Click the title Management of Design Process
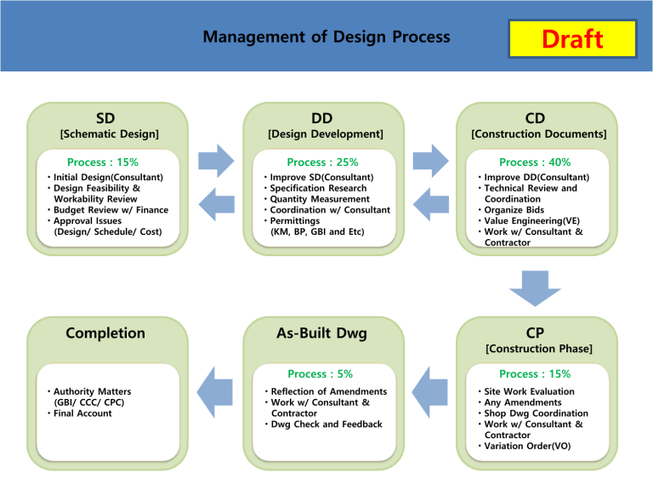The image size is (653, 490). coord(327,37)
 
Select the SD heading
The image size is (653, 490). coord(106,118)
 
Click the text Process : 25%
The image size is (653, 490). coord(322,162)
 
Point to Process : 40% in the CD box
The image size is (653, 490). coord(535,162)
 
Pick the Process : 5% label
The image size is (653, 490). coord(320,373)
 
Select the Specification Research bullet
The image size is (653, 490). coord(318,188)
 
